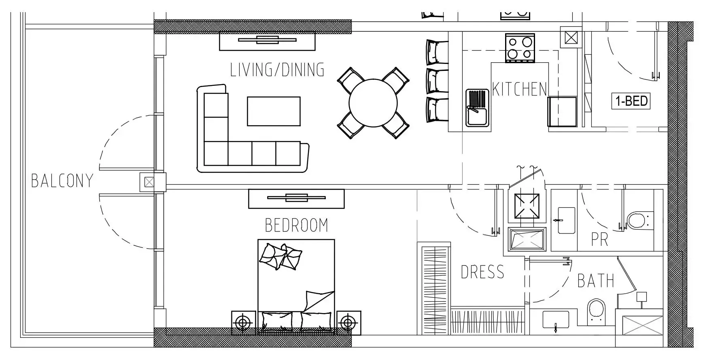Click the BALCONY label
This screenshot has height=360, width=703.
pyautogui.click(x=62, y=181)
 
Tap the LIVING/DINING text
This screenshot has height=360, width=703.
pyautogui.click(x=277, y=70)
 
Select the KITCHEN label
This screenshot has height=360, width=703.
pyautogui.click(x=519, y=89)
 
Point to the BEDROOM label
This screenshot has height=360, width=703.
pyautogui.click(x=296, y=225)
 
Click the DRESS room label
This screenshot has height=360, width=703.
pyautogui.click(x=482, y=272)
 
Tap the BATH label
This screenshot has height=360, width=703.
pyautogui.click(x=596, y=281)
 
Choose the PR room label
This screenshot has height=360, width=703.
pyautogui.click(x=599, y=239)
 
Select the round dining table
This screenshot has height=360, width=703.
pyautogui.click(x=373, y=103)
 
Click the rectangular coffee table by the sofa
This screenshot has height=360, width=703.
pyautogui.click(x=274, y=111)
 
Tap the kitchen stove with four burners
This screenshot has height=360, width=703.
pyautogui.click(x=520, y=48)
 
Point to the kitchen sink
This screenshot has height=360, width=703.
pyautogui.click(x=478, y=108)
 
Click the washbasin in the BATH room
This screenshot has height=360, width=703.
pyautogui.click(x=556, y=320)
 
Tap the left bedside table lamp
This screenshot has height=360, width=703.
pyautogui.click(x=243, y=323)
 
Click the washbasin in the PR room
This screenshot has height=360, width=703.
pyautogui.click(x=566, y=221)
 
